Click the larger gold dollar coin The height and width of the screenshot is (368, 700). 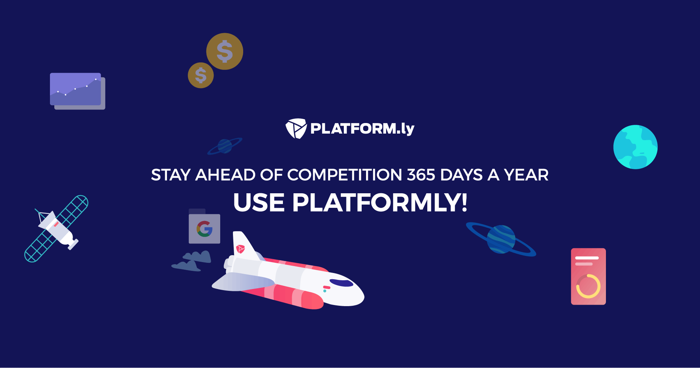pos(225,51)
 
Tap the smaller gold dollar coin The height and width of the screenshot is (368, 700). pos(201,75)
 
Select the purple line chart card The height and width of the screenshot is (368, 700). pos(77,91)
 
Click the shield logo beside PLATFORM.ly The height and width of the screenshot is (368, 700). pos(296,128)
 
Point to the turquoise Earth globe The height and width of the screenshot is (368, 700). pos(635,147)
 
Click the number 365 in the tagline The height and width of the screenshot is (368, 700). pos(421,175)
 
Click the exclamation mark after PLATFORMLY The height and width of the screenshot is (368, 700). pos(464,203)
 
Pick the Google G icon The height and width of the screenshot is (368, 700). pos(205,229)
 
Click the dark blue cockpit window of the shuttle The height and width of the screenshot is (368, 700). pos(341,283)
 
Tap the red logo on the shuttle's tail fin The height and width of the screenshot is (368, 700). pos(240,249)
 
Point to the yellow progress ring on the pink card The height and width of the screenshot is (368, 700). pos(588,286)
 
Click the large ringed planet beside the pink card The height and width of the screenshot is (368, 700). pos(501,239)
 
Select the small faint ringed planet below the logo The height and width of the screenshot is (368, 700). pos(225,146)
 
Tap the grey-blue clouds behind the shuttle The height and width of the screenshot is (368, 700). pos(191,261)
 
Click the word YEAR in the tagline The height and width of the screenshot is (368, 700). pos(526,175)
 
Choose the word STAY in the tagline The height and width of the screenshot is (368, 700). pos(171,175)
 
